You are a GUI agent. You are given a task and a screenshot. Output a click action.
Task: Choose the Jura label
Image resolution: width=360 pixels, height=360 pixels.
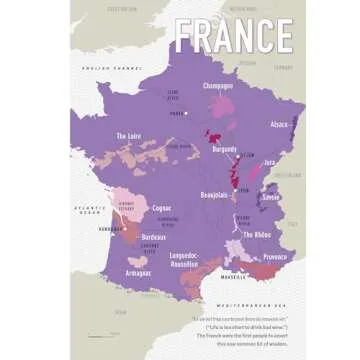click(270, 161)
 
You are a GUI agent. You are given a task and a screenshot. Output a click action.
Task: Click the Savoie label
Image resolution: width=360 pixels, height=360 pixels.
click(270, 198)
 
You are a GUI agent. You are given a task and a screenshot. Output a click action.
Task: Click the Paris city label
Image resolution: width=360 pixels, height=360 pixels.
click(180, 113)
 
